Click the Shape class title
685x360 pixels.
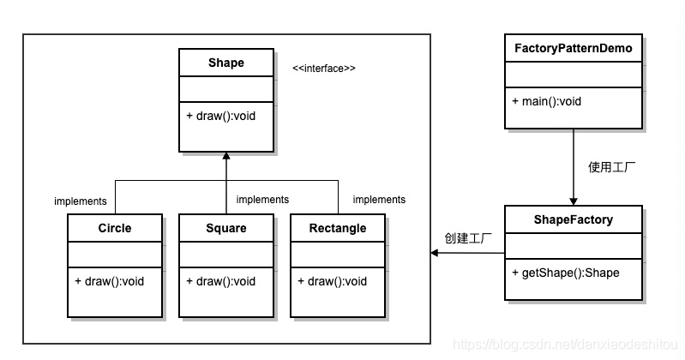tap(225, 63)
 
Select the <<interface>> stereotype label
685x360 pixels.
tap(324, 68)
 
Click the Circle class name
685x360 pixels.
tap(114, 228)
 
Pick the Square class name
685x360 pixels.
tap(225, 228)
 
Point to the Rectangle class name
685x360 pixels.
tap(337, 228)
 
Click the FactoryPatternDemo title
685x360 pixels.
tap(573, 48)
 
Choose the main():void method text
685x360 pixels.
tap(547, 101)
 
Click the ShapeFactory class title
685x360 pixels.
tap(573, 219)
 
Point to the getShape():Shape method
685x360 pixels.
tap(566, 273)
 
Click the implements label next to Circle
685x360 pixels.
tap(80, 201)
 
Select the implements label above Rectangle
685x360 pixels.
tap(379, 200)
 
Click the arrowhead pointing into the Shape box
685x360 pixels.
tap(226, 157)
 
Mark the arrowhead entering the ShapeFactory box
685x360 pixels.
tap(573, 200)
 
